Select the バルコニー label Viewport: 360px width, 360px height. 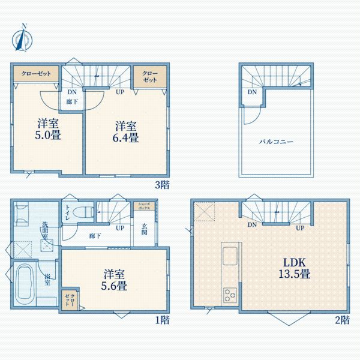pyautogui.click(x=276, y=142)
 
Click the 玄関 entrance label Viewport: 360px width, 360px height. pyautogui.click(x=145, y=230)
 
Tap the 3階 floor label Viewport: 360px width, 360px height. pyautogui.click(x=162, y=185)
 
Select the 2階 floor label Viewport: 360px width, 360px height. pyautogui.click(x=342, y=320)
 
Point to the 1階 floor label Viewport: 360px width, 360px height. pyautogui.click(x=162, y=320)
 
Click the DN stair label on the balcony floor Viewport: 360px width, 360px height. pyautogui.click(x=252, y=92)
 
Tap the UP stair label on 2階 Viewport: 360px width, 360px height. pyautogui.click(x=299, y=227)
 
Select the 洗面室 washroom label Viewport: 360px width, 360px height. pyautogui.click(x=45, y=230)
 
